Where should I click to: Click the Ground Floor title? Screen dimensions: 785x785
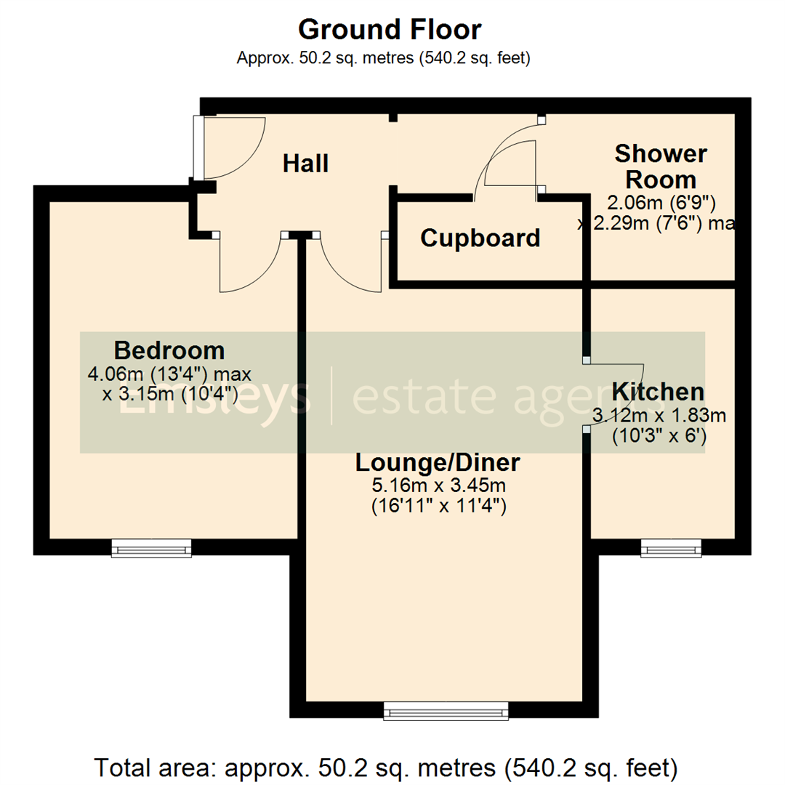click(x=390, y=30)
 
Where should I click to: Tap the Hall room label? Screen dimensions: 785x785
click(x=305, y=164)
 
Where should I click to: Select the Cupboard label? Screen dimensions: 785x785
click(x=480, y=238)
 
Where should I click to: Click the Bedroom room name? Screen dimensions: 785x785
click(x=169, y=351)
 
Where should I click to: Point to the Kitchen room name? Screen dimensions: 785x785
click(x=658, y=392)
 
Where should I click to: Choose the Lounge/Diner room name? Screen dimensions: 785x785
click(x=438, y=462)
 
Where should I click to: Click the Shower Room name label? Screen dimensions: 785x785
click(x=660, y=166)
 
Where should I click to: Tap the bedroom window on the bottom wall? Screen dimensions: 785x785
click(x=151, y=548)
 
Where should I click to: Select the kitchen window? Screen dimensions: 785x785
click(x=671, y=548)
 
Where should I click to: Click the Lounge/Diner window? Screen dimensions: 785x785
click(x=446, y=711)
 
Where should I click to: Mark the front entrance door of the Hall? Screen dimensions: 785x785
click(x=225, y=149)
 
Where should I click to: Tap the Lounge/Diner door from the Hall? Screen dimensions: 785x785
click(x=349, y=265)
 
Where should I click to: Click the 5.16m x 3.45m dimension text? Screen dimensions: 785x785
click(x=438, y=484)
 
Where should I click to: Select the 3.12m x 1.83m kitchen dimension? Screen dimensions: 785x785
click(x=659, y=416)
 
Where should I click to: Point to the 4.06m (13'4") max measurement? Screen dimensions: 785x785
click(x=169, y=374)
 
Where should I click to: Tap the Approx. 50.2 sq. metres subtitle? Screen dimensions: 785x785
click(x=383, y=59)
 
